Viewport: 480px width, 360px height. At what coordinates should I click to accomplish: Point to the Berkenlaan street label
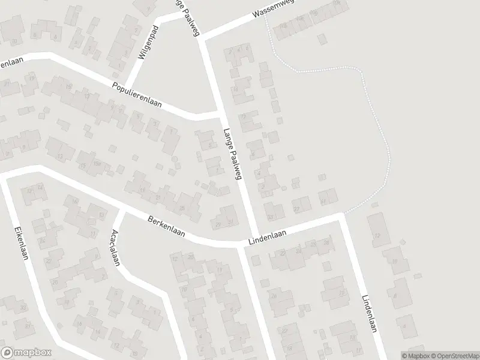[166, 228]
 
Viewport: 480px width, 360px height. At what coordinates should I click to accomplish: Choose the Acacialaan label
[116, 248]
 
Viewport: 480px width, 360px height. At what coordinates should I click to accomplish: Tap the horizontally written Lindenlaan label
[266, 238]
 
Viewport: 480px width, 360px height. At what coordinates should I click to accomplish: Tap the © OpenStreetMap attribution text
[449, 355]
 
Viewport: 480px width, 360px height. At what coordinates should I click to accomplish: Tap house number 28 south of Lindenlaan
[326, 242]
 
